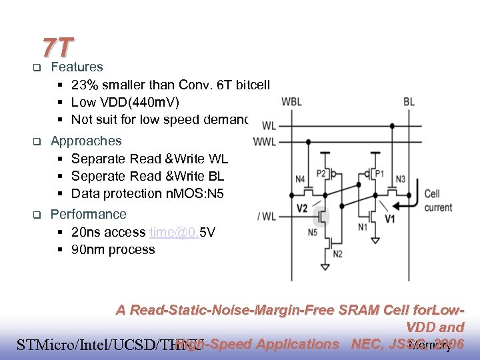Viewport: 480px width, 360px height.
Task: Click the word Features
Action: click(77, 67)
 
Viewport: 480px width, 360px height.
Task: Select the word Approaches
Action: click(86, 141)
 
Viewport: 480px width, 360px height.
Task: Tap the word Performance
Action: click(89, 214)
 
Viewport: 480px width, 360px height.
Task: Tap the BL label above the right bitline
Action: click(409, 102)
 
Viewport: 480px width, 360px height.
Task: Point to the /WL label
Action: click(267, 215)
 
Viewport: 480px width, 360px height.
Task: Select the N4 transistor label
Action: click(301, 179)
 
